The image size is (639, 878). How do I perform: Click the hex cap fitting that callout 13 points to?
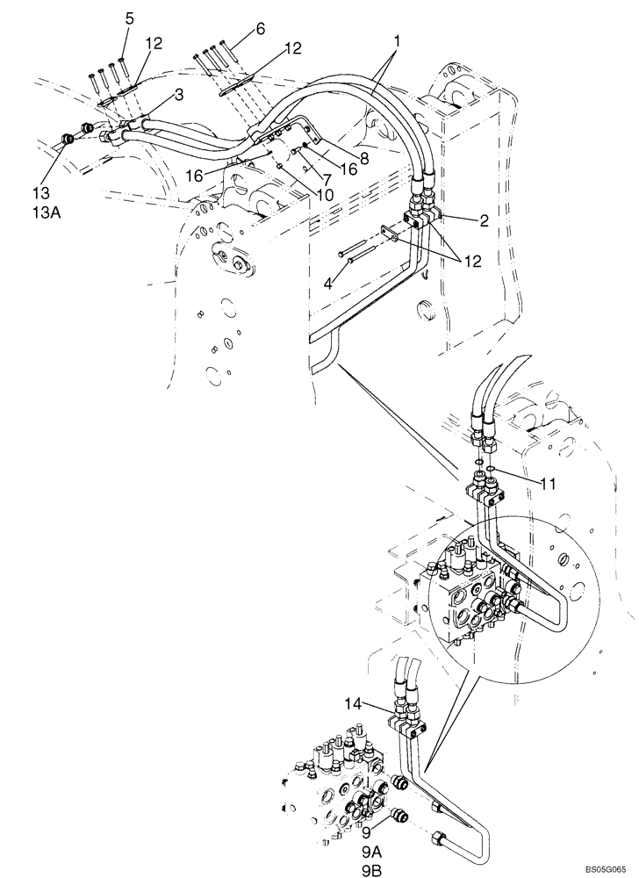[68, 138]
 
